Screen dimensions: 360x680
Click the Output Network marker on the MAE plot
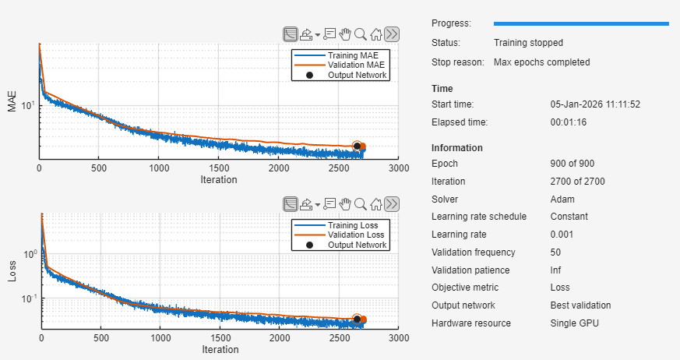[x=358, y=146]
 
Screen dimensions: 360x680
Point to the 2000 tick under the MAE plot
[x=278, y=168]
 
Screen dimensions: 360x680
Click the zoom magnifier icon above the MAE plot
[x=360, y=34]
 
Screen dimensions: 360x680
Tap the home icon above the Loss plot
[x=376, y=204]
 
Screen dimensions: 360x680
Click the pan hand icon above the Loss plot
[x=344, y=204]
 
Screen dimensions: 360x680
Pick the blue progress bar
[x=581, y=24]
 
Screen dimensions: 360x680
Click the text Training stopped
[x=528, y=43]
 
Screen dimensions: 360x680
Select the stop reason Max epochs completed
[x=541, y=62]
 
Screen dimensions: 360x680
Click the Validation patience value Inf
[x=556, y=270]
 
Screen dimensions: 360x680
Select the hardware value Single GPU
[x=573, y=323]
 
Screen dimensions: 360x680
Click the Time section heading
[x=442, y=89]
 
